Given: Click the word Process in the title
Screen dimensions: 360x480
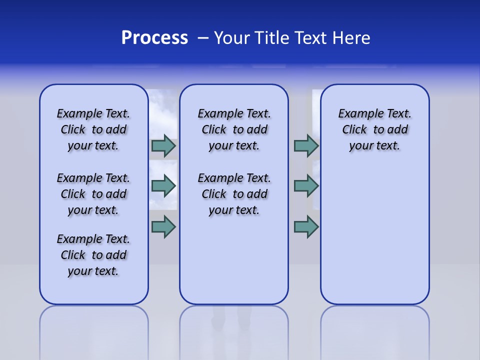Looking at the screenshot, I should [x=154, y=38].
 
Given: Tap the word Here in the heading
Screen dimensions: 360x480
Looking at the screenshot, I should [x=351, y=38].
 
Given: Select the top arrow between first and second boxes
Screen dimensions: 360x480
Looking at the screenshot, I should [x=163, y=145].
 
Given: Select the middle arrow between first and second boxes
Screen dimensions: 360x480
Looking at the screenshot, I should [x=163, y=186].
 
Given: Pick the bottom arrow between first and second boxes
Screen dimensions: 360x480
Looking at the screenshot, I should [x=163, y=226].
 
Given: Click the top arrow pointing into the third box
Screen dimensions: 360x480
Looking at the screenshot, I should [x=306, y=145].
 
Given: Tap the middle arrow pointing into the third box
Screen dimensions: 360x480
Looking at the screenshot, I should [x=306, y=186].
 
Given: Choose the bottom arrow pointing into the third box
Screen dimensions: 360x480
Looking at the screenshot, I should [x=306, y=226].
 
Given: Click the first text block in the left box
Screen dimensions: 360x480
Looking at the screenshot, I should [x=93, y=129].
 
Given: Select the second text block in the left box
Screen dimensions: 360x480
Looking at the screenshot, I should [x=93, y=194].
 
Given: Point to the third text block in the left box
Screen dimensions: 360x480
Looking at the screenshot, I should [x=93, y=255].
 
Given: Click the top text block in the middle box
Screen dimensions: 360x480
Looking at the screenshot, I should [x=234, y=129].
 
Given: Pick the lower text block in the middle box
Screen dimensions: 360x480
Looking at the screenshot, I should [x=234, y=194].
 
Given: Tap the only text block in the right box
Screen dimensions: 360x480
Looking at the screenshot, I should [x=375, y=129].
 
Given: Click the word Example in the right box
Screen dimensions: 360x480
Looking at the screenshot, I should [x=356, y=114].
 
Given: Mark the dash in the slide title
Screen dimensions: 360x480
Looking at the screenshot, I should [x=203, y=38].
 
